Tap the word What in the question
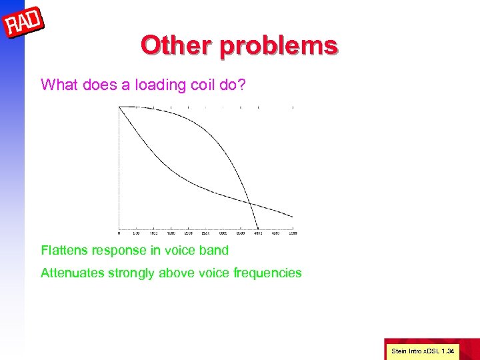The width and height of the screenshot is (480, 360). click(57, 85)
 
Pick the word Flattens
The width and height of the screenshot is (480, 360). click(65, 251)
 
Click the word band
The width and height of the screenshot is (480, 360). click(213, 251)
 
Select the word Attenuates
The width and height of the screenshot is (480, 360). click(72, 273)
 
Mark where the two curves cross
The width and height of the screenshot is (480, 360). click(249, 202)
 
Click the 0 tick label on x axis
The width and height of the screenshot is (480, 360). click(119, 234)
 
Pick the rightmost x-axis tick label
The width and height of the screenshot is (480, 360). click(293, 234)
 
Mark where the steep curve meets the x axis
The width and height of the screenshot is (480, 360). click(258, 229)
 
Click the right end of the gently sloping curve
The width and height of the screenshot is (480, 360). click(292, 217)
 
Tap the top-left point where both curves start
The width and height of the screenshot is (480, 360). click(119, 107)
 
